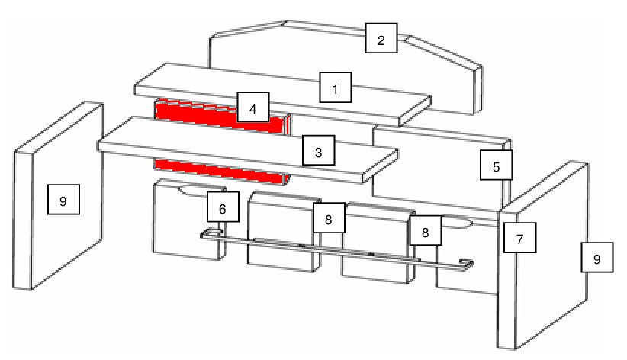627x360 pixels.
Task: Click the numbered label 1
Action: click(335, 87)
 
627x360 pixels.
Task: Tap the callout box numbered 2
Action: click(381, 38)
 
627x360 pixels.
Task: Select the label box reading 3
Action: click(318, 150)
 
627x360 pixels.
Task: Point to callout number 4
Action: click(252, 107)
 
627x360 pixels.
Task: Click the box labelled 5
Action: click(496, 165)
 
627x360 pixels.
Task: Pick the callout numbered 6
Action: click(223, 207)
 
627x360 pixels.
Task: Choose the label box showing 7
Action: click(519, 238)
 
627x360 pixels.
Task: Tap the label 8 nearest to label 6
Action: click(328, 217)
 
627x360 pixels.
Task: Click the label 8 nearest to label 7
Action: click(426, 230)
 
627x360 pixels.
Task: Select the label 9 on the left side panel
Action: click(63, 199)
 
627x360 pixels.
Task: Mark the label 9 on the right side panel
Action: click(596, 257)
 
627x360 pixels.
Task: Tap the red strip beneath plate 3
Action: click(220, 171)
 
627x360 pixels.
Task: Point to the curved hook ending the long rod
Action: click(467, 265)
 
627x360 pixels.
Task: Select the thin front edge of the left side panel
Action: click(23, 220)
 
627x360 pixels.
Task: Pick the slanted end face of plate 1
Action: click(415, 111)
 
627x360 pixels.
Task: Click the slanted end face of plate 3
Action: click(381, 166)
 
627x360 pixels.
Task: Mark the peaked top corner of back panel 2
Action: click(286, 21)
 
